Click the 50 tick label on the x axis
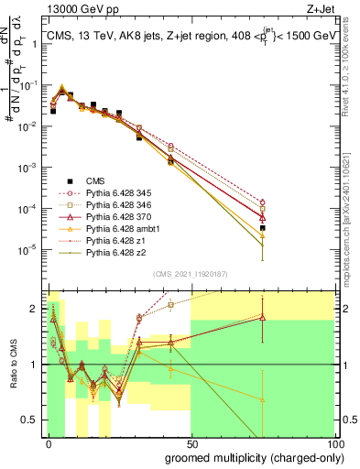[191, 442]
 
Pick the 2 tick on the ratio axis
[34, 310]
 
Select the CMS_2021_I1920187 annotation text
[189, 274]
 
